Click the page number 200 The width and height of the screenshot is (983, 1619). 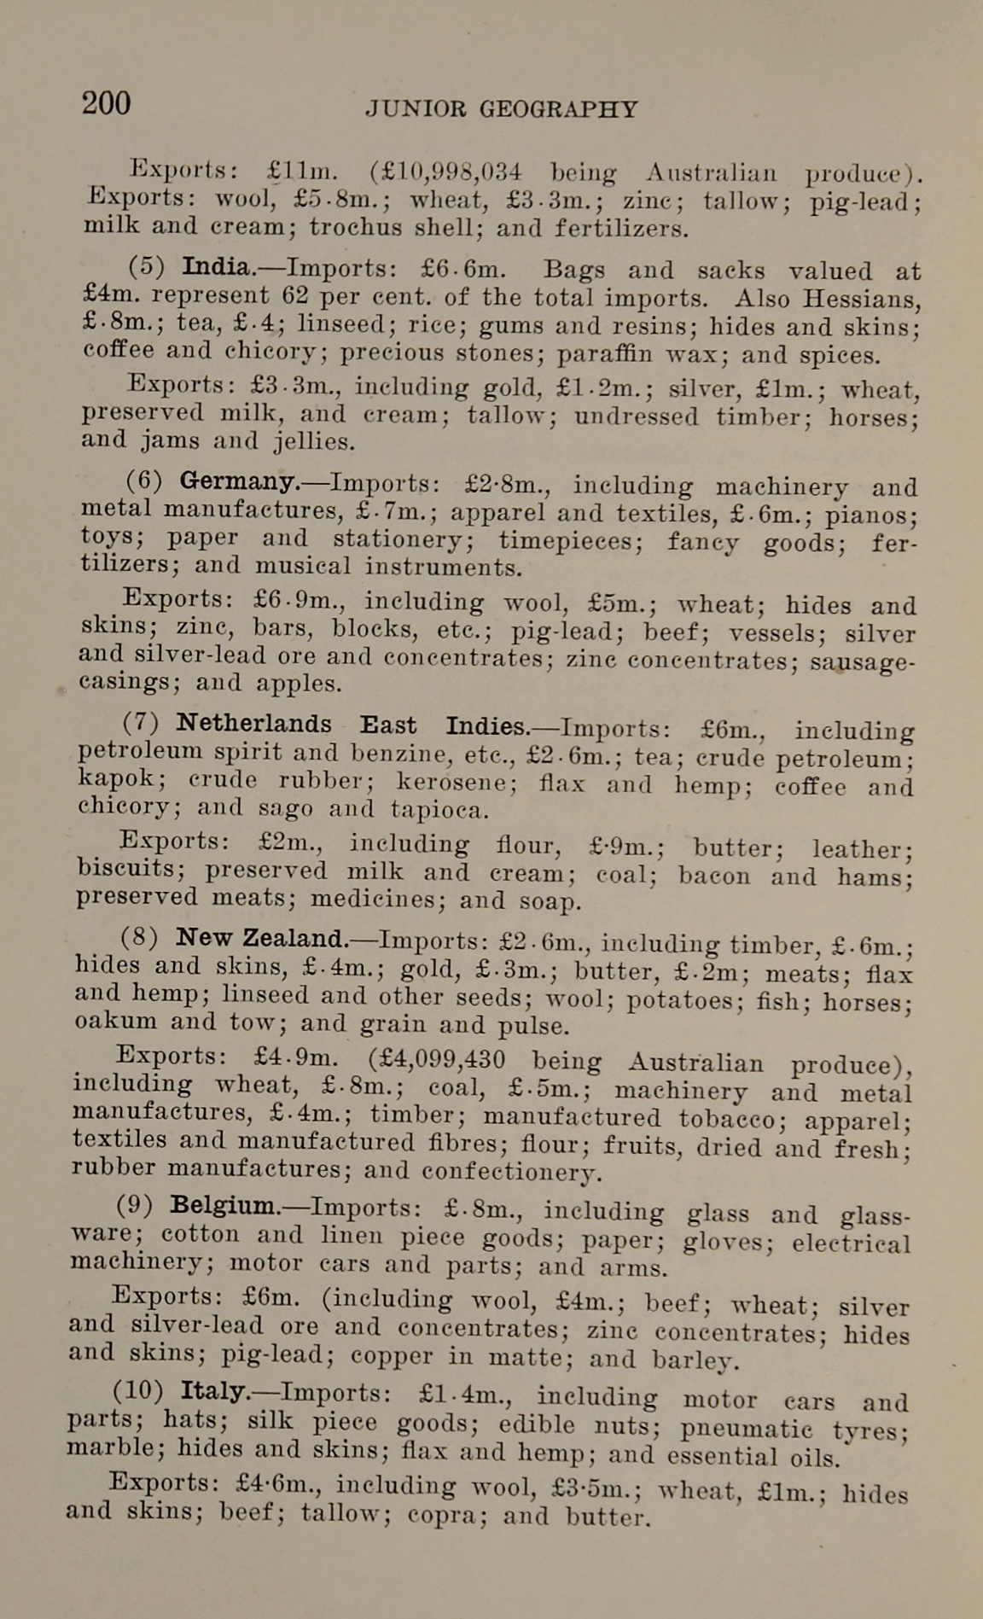pos(107,103)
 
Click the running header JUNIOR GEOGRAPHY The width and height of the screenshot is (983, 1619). pos(502,109)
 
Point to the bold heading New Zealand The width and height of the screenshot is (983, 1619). pos(260,938)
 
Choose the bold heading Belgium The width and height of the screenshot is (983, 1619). pos(224,1205)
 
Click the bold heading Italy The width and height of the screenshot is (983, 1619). pos(214,1391)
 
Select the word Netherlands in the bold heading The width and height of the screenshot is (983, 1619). pos(253,724)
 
